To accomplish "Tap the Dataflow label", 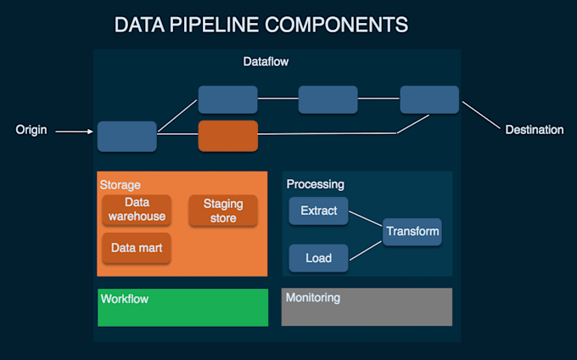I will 266,62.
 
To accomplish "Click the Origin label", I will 31,131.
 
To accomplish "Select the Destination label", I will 534,130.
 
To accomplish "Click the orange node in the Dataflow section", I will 227,136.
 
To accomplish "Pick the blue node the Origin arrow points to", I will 126,136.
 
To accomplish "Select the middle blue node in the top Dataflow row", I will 328,99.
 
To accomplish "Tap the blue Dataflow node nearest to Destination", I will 429,99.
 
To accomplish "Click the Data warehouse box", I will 137,210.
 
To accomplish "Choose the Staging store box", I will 223,211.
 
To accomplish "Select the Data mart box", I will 137,249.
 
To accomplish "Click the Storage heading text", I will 120,185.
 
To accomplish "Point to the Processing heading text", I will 315,184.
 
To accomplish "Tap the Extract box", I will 318,211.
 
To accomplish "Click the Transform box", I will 412,231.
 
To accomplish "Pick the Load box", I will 318,258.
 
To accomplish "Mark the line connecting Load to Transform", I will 365,246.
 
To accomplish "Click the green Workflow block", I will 182,307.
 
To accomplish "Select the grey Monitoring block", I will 367,307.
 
